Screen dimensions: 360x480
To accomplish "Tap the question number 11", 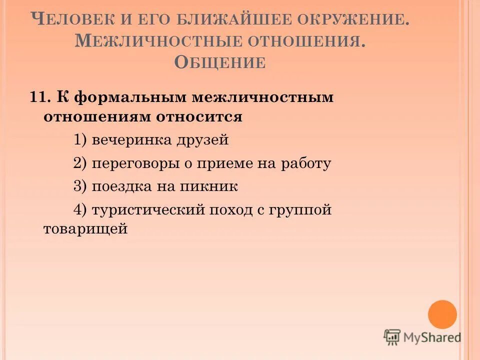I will point(39,97).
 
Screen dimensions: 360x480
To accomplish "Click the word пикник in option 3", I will point(213,186).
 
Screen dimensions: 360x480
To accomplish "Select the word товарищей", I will point(85,229).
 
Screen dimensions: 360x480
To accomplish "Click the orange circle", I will point(442,314).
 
